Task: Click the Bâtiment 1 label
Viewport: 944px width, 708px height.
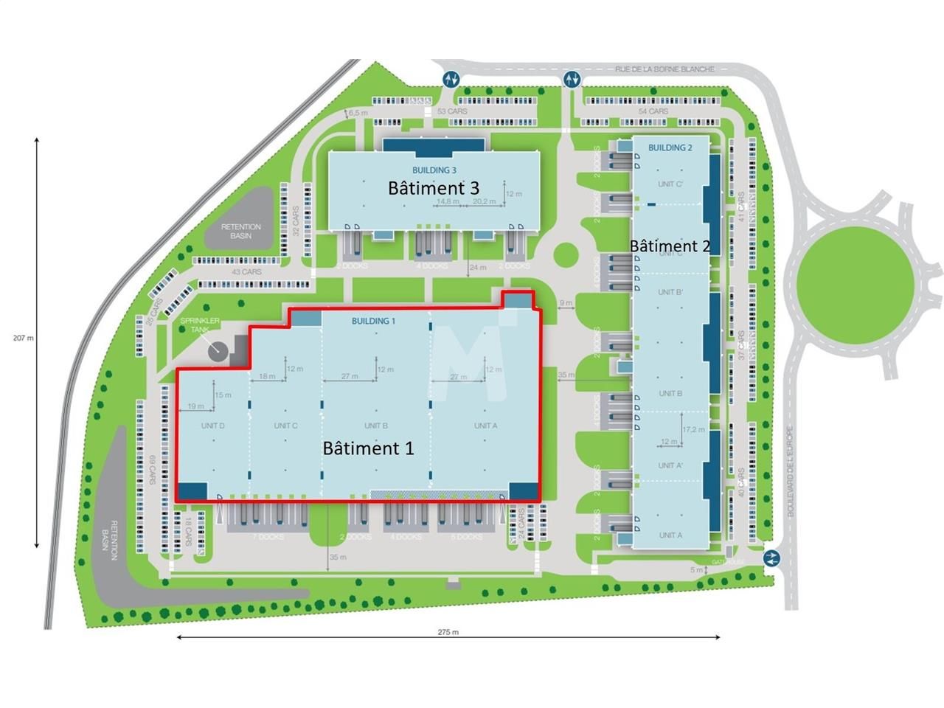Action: click(x=368, y=448)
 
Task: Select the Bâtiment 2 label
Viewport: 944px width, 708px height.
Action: click(x=670, y=246)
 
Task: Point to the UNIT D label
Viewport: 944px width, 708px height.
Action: click(x=213, y=426)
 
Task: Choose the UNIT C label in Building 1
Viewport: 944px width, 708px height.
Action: click(x=285, y=426)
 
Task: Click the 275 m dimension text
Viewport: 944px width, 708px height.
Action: click(x=448, y=632)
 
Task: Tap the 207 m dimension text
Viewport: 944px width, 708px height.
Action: click(x=24, y=338)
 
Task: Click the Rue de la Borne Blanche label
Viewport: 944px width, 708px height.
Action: click(x=664, y=69)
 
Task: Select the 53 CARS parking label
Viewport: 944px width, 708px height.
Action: click(x=452, y=111)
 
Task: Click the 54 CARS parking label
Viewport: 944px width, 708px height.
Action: click(x=653, y=111)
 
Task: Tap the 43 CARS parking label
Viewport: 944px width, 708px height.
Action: click(x=246, y=272)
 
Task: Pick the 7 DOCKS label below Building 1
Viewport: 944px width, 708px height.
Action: click(x=267, y=537)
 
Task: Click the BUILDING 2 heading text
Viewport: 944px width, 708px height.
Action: click(x=670, y=147)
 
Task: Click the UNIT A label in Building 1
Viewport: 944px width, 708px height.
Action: click(x=485, y=426)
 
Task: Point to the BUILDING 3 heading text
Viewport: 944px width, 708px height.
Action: click(x=434, y=170)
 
